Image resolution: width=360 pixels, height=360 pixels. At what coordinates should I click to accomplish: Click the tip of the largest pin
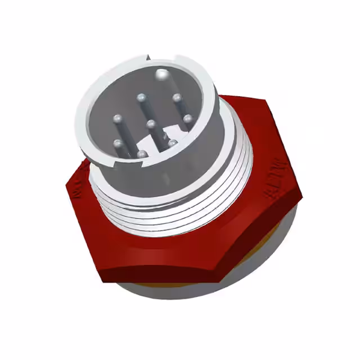pos(163,73)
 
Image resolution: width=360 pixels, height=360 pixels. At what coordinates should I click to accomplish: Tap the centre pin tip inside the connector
pos(150,123)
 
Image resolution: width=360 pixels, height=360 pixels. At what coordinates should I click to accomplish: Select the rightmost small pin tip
pos(188,119)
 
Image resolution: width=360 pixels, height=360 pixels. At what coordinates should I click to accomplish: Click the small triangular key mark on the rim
pos(148,56)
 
